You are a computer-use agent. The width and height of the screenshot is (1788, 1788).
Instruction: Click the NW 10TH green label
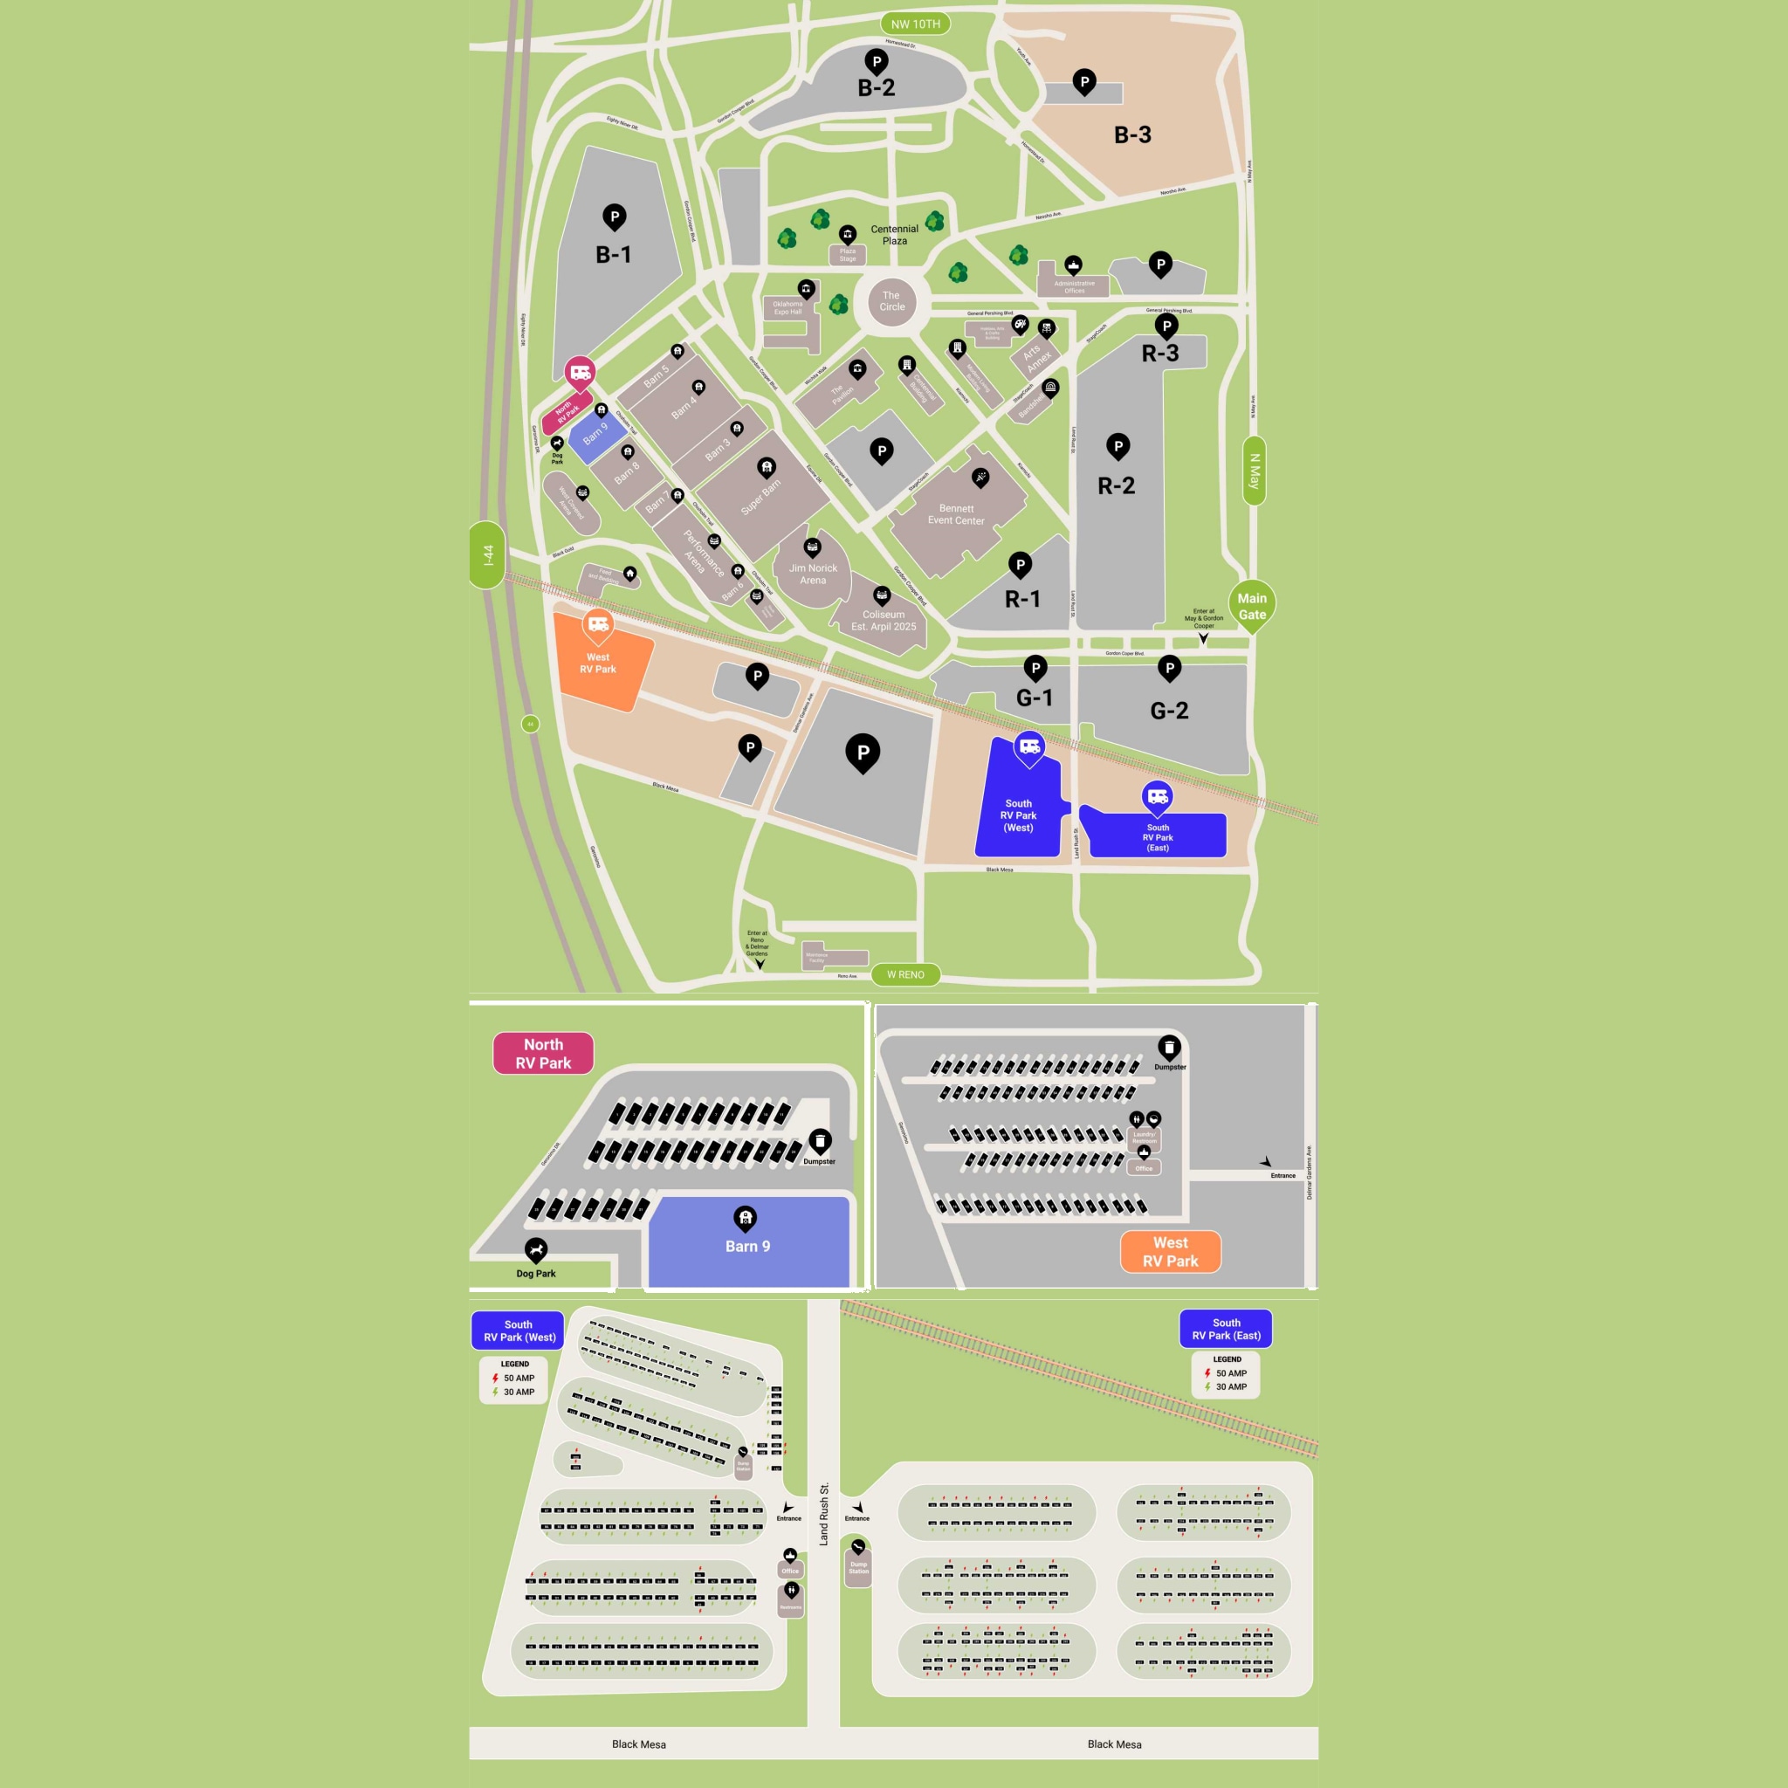coord(914,24)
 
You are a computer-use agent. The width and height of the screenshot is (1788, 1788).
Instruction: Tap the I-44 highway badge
coord(487,554)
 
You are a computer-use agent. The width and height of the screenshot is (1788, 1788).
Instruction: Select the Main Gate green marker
coord(1251,606)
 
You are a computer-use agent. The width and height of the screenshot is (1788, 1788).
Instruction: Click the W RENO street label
coord(905,974)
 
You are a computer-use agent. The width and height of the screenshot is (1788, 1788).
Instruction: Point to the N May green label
coord(1254,471)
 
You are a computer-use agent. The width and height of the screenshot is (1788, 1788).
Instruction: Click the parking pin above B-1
coord(615,217)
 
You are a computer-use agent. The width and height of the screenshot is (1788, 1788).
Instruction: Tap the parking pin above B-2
coord(877,63)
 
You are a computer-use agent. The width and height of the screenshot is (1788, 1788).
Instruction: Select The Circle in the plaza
coord(892,302)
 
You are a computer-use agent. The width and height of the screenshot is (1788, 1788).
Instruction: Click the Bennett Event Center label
coord(956,514)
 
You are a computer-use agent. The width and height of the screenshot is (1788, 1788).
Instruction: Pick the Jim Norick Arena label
coord(813,574)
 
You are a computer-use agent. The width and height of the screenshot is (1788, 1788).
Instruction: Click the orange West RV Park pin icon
coord(598,626)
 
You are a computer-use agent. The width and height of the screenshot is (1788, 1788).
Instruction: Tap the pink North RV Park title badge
coord(543,1053)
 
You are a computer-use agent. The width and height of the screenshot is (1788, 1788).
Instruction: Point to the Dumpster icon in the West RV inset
coord(1169,1048)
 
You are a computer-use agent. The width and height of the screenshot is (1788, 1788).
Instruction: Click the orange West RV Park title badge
coord(1170,1251)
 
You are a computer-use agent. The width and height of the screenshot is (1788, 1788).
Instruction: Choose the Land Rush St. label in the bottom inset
coord(823,1514)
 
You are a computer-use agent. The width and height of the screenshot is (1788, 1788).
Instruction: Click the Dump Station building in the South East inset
coord(858,1568)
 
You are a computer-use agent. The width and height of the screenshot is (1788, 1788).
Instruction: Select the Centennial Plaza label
coord(894,235)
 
